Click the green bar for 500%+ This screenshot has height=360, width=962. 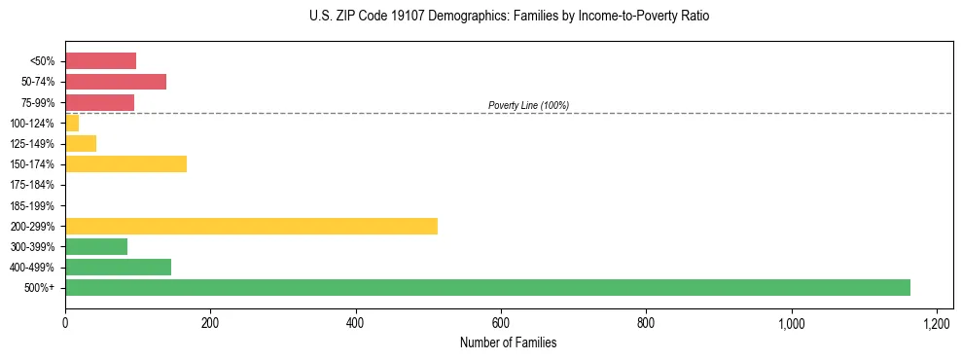pos(487,287)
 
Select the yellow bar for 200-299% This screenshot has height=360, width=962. pos(251,226)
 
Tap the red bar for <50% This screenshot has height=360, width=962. pos(100,61)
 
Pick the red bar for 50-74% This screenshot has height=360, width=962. pos(116,82)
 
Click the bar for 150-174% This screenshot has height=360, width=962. pos(125,163)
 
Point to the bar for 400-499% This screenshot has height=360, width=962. pos(118,267)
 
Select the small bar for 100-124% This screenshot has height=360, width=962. pos(72,123)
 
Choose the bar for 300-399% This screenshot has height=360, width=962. pos(96,246)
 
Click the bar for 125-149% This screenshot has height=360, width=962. pos(81,143)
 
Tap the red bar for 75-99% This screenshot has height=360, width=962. pos(99,102)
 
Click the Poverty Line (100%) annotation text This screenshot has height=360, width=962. pos(528,105)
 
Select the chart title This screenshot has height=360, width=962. pos(509,17)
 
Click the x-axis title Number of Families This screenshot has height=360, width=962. pos(509,342)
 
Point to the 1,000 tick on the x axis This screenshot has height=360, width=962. pos(791,322)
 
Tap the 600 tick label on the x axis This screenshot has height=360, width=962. pos(501,322)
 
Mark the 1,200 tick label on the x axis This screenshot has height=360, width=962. pos(936,322)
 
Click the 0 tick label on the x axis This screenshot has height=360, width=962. pos(65,322)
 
